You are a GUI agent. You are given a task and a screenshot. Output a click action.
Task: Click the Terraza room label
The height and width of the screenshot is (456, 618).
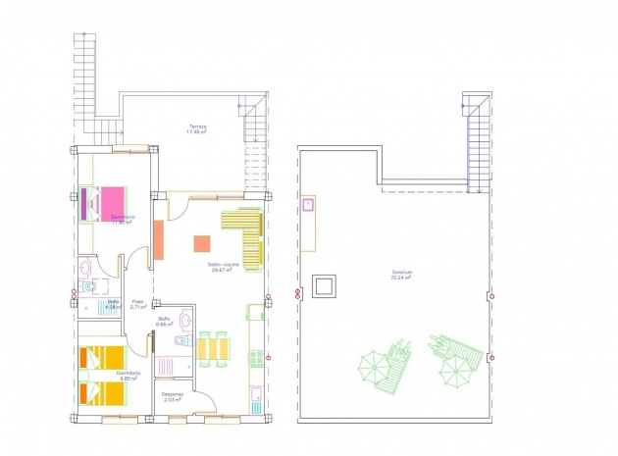click(x=197, y=129)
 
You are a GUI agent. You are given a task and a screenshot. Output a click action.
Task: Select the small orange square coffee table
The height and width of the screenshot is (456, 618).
click(x=201, y=243)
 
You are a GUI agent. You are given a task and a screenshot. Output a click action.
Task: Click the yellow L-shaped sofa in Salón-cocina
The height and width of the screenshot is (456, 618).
click(x=245, y=235)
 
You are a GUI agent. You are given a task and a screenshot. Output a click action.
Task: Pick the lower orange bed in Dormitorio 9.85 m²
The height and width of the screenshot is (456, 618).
click(x=104, y=392)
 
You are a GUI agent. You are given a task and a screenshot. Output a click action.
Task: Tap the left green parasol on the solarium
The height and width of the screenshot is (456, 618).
click(x=374, y=370)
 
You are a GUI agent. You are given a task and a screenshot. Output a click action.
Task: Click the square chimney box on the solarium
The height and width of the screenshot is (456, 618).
click(x=323, y=286)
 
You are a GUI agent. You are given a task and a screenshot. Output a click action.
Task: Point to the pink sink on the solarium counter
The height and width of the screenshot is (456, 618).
click(x=308, y=205)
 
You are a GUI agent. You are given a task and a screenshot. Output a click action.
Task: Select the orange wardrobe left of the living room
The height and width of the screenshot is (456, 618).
click(x=157, y=239)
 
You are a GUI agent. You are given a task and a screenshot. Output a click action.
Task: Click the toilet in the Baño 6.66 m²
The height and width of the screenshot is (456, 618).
click(x=180, y=340)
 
